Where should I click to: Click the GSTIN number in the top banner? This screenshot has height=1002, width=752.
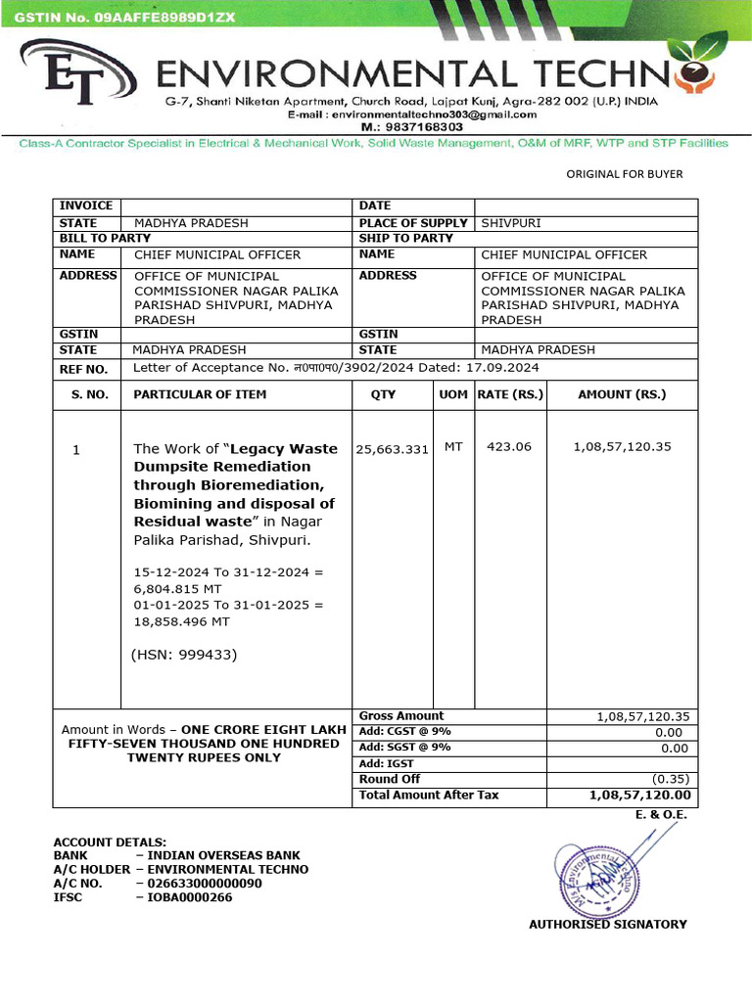click(x=124, y=17)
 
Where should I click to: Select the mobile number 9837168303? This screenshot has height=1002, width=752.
click(x=398, y=127)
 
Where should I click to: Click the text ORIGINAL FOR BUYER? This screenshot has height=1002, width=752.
click(x=625, y=174)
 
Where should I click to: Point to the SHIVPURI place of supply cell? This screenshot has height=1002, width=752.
click(x=510, y=223)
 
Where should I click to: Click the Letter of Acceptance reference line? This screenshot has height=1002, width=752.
click(x=336, y=368)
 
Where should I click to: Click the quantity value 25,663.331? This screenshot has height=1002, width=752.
click(x=392, y=449)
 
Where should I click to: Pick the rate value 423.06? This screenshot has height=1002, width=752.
click(x=508, y=446)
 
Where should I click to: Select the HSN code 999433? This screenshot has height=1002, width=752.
click(x=185, y=654)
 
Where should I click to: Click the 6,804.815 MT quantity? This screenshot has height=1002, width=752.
click(x=177, y=589)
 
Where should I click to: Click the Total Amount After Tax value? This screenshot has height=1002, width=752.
click(x=639, y=795)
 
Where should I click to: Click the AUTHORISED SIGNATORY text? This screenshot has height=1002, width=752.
click(x=607, y=924)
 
